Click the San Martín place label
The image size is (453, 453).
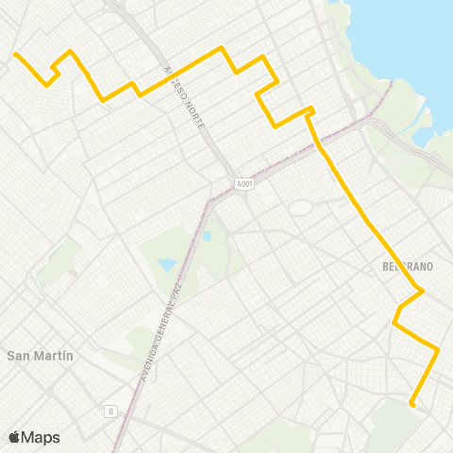40,356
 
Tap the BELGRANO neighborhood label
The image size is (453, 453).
409,267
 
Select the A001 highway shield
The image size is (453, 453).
245,182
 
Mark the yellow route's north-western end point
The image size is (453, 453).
15,54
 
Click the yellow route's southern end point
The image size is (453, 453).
412,404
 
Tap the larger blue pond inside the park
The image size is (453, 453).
167,265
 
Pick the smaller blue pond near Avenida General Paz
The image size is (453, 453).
206,235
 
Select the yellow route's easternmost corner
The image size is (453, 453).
438,349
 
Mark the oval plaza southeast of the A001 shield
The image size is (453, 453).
300,207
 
